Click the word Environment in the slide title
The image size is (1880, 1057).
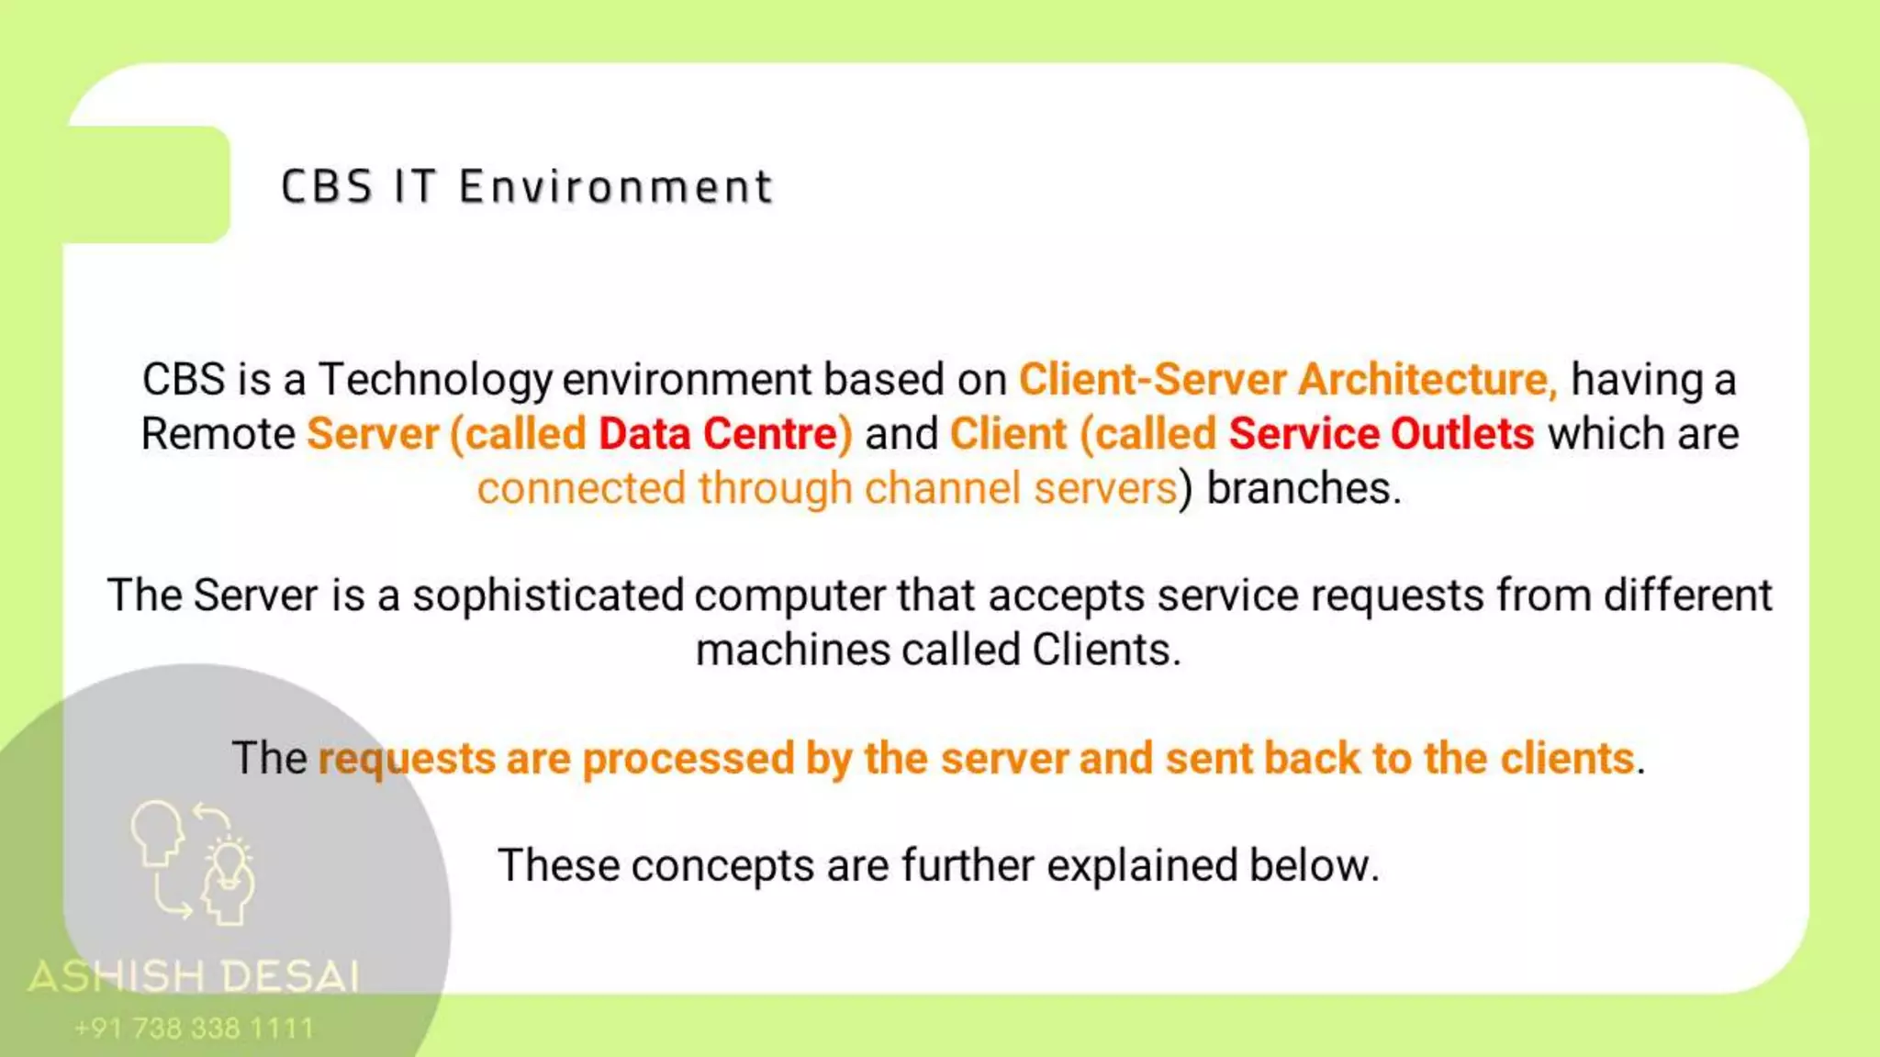tap(616, 187)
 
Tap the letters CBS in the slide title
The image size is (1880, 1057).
tap(327, 187)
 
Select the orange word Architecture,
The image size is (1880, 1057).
tap(1427, 380)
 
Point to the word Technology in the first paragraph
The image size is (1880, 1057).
tap(435, 380)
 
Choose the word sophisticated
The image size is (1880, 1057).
tap(548, 595)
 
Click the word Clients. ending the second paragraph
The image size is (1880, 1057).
tap(1106, 650)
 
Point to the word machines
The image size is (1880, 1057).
tap(792, 650)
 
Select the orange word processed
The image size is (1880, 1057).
tap(688, 759)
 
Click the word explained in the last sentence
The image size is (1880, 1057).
tap(1142, 865)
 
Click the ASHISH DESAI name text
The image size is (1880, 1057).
tap(194, 976)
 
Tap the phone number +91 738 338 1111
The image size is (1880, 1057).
tap(194, 1029)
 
